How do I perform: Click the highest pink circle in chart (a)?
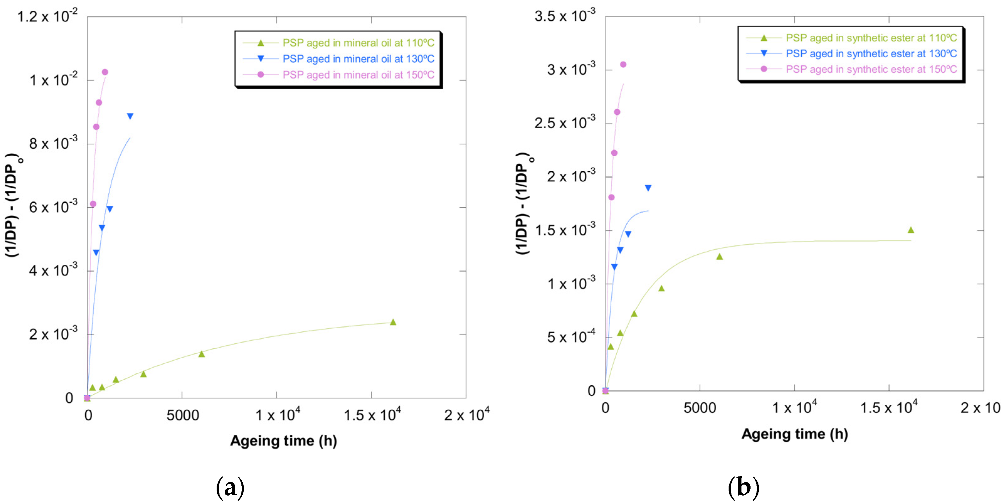(x=105, y=72)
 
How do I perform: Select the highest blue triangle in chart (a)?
(x=130, y=116)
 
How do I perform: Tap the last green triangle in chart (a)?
(x=393, y=322)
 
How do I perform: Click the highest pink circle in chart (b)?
(x=623, y=65)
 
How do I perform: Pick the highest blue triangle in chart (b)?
(x=648, y=188)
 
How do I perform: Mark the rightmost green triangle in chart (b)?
(x=911, y=230)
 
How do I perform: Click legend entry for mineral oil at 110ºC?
(x=358, y=43)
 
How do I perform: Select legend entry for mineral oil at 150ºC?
(x=358, y=75)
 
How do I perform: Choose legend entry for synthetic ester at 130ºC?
(x=871, y=54)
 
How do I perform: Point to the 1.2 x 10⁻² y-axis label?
(x=47, y=16)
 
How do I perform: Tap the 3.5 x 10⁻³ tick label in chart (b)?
(x=565, y=16)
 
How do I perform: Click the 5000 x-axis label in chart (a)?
(x=182, y=415)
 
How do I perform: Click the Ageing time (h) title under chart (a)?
(x=283, y=441)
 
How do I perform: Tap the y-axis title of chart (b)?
(x=523, y=203)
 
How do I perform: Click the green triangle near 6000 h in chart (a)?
(x=202, y=354)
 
